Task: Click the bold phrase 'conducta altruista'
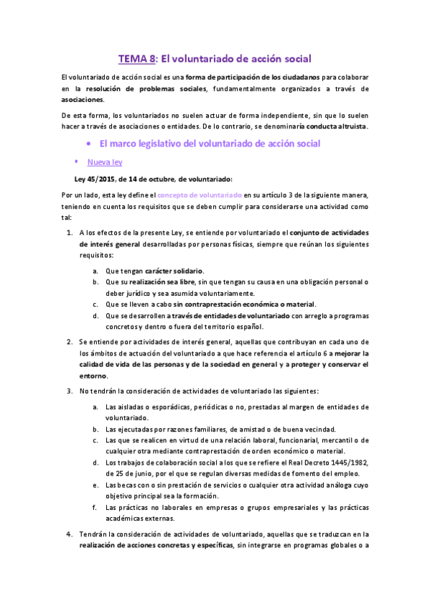pyautogui.click(x=337, y=126)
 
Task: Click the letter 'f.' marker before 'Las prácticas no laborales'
pyautogui.click(x=96, y=508)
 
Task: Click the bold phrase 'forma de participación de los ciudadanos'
pyautogui.click(x=252, y=78)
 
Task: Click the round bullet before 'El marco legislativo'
pyautogui.click(x=88, y=144)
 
